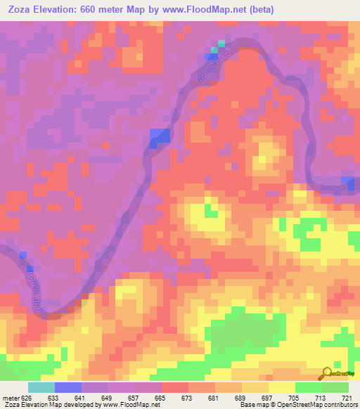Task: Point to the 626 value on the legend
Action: tap(27, 397)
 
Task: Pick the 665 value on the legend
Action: tap(161, 397)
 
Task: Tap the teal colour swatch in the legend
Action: tap(41, 387)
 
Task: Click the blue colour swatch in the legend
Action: tap(67, 387)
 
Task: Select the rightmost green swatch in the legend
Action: tap(335, 387)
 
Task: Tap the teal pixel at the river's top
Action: tap(221, 44)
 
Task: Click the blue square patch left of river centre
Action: tap(160, 137)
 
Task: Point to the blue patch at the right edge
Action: tap(349, 182)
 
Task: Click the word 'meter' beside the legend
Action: tap(11, 397)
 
